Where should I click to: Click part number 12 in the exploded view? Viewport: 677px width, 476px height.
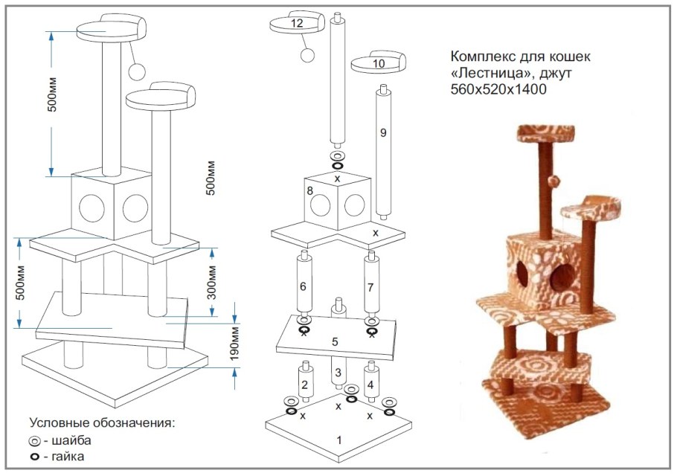tap(297, 23)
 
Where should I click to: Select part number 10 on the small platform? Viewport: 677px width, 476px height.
tap(379, 64)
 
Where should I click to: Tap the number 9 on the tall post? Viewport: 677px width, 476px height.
tap(382, 133)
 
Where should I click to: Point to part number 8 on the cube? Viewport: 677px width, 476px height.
tap(309, 192)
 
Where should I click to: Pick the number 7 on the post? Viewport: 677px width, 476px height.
tap(370, 286)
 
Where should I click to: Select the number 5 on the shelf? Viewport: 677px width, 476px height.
tap(335, 342)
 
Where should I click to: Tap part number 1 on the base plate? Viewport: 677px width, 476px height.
tap(339, 440)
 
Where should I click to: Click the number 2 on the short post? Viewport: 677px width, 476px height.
tap(304, 385)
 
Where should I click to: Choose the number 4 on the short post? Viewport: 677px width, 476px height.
tap(370, 385)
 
